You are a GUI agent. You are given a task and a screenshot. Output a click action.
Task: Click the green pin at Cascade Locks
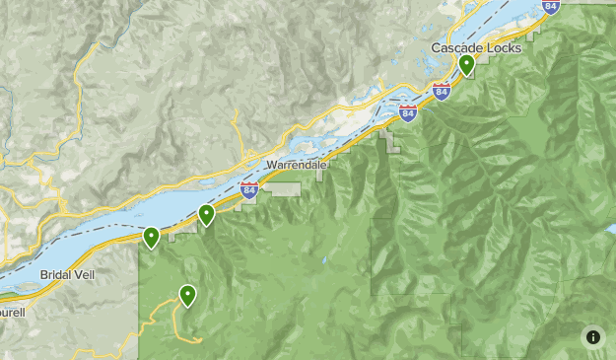point(466,65)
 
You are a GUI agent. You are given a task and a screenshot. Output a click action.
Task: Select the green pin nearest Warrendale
point(206,214)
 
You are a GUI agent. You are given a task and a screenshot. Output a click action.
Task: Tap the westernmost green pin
point(152,237)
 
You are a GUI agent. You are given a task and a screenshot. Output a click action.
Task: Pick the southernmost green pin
point(186,294)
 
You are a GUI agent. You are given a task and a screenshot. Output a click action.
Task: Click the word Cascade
point(456,48)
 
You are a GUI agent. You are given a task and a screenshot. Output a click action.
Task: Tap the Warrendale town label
point(295,166)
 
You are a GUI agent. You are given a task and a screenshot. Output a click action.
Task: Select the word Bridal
point(58,274)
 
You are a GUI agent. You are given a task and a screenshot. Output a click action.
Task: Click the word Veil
point(85,274)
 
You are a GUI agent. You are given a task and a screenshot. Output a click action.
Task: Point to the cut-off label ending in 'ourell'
point(12,312)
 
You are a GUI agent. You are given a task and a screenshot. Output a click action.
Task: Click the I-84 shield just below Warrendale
point(248,190)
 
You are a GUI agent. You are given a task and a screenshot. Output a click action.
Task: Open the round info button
point(592,336)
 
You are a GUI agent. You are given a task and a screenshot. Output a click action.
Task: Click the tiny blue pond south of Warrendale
point(324,261)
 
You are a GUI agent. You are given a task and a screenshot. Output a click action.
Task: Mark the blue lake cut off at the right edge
point(610,230)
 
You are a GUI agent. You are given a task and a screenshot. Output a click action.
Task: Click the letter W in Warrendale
point(269,166)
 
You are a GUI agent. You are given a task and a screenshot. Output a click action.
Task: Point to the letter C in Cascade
point(437,48)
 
